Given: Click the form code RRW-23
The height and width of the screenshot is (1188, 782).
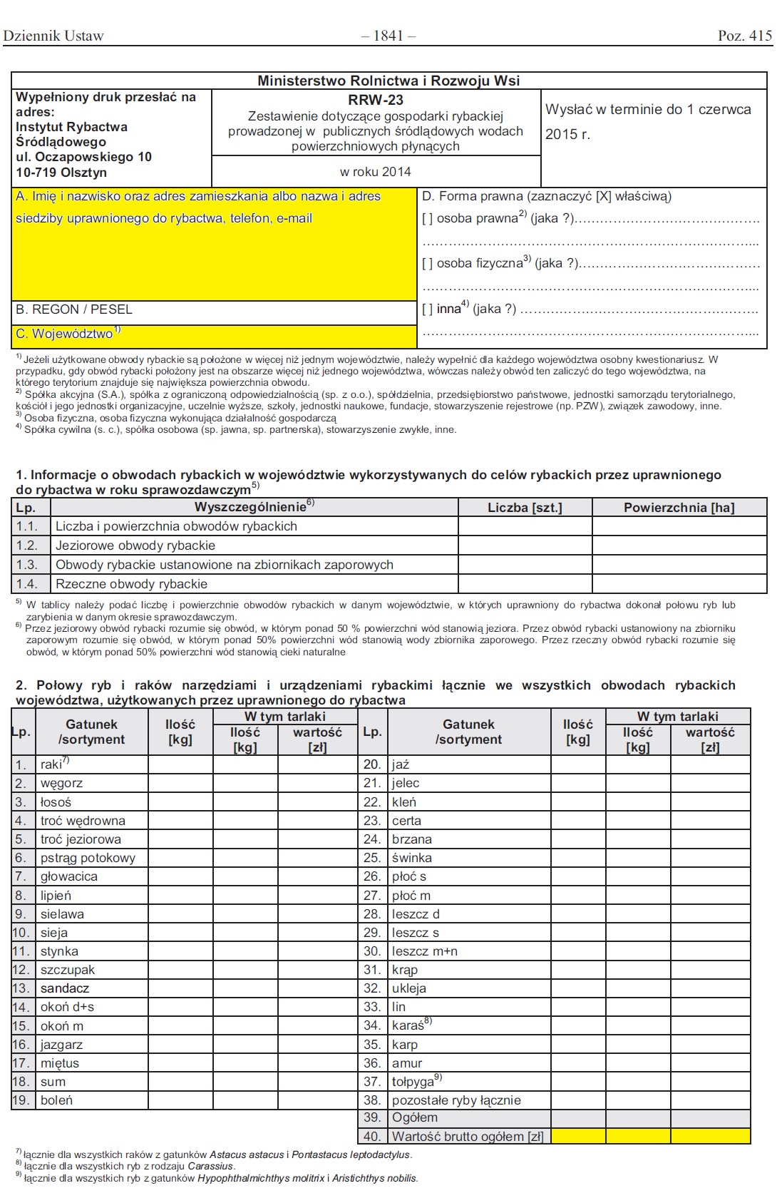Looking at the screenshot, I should click(x=376, y=101).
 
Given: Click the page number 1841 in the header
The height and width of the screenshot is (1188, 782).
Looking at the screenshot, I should click(x=389, y=36).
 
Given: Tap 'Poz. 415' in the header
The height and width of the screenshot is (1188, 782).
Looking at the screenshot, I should click(x=744, y=36).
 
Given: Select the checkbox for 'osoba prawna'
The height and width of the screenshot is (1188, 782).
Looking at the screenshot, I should click(x=428, y=219).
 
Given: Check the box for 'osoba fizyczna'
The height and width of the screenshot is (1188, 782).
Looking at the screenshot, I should click(x=428, y=264).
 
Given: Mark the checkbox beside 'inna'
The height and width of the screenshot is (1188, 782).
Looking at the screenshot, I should click(x=428, y=309).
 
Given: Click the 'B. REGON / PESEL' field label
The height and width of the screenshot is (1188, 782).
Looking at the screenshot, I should click(x=74, y=309).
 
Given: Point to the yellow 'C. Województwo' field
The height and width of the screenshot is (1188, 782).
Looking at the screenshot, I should click(x=214, y=334).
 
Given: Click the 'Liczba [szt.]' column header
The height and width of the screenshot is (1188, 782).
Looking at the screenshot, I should click(x=525, y=508).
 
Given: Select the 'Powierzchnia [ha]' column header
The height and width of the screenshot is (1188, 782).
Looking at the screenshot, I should click(x=679, y=508).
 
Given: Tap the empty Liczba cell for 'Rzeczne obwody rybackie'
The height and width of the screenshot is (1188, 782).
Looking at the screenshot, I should click(x=525, y=584).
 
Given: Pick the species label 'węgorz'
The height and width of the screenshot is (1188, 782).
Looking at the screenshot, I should click(x=61, y=783).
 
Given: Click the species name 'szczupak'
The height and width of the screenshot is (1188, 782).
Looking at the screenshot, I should click(x=68, y=970).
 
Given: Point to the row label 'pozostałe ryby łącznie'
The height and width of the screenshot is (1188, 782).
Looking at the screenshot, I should click(x=456, y=1100).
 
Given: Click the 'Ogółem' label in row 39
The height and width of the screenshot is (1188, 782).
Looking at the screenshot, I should click(x=415, y=1118).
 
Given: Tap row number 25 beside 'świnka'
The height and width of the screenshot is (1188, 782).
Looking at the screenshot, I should click(x=372, y=858).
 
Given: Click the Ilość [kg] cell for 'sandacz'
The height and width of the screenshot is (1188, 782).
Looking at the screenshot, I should click(x=180, y=988).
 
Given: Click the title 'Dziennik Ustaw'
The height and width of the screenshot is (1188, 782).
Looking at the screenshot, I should click(x=53, y=36).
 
